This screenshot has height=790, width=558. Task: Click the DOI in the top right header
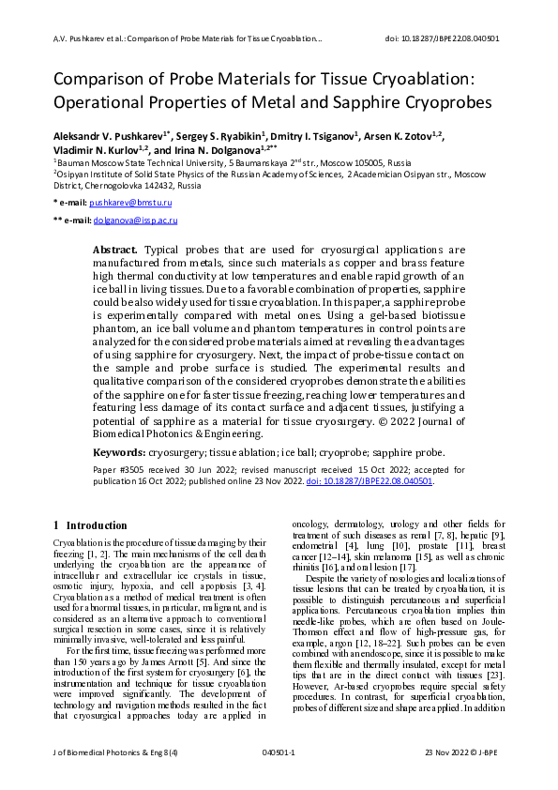(x=442, y=38)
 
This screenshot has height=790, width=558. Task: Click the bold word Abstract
(x=115, y=251)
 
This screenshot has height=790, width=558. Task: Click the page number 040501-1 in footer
(x=279, y=753)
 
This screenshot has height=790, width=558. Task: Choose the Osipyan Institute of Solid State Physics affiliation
(x=141, y=174)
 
